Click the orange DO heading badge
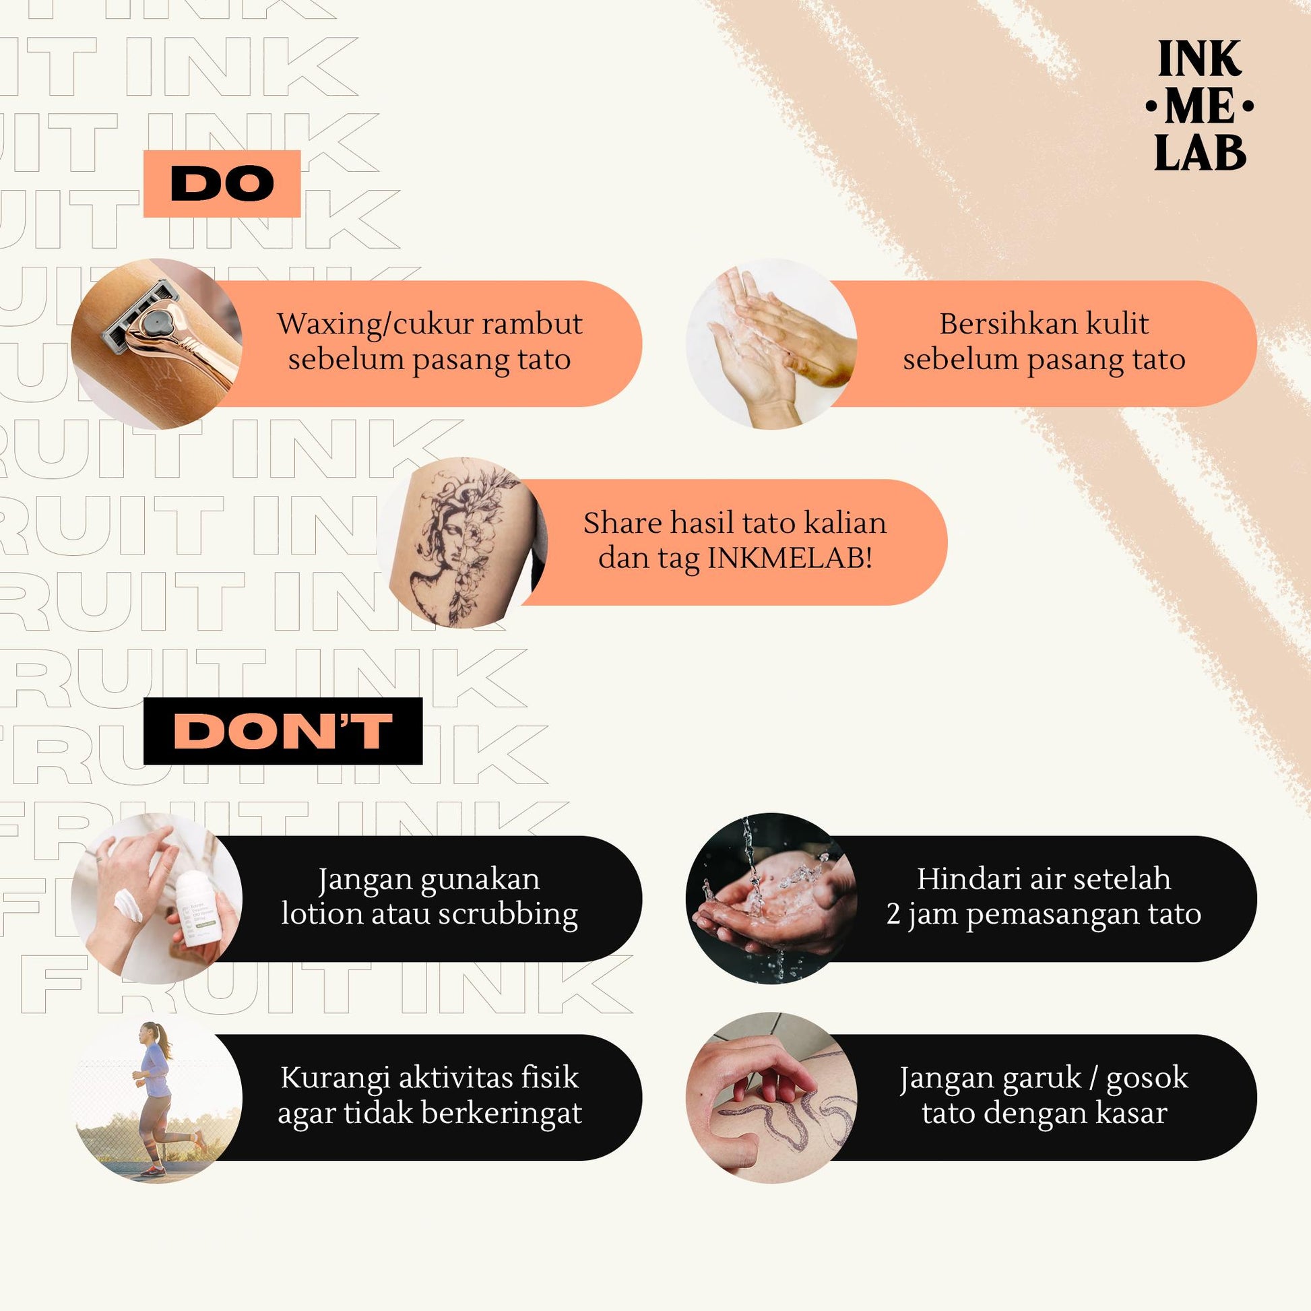[222, 183]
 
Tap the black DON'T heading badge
[283, 731]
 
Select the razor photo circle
[157, 344]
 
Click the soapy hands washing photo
[771, 344]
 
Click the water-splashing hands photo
[771, 899]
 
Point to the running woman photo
[157, 1097]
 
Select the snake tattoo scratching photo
[771, 1097]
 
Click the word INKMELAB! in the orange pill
[790, 558]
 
